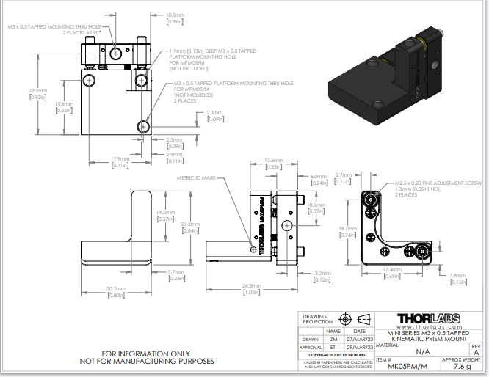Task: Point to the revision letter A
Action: click(475, 353)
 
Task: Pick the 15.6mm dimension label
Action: click(65, 104)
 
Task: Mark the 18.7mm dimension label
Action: click(347, 229)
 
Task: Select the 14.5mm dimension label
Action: click(165, 213)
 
